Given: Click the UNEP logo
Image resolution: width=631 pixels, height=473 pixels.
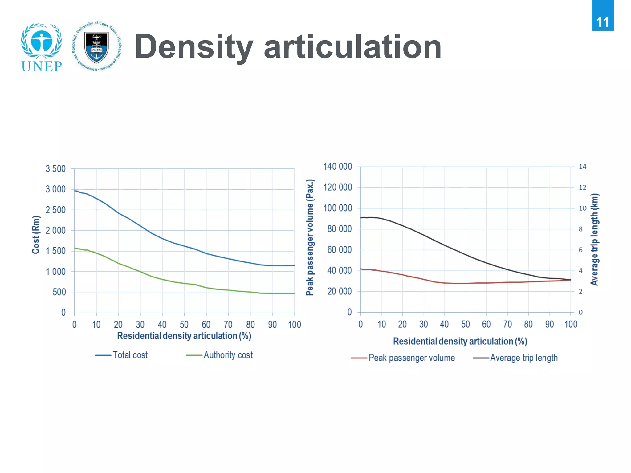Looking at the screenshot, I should pos(42,48).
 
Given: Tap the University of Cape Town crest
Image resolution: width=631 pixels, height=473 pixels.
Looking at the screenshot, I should pos(96,46).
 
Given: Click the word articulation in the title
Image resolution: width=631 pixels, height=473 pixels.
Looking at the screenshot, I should pos(352,47).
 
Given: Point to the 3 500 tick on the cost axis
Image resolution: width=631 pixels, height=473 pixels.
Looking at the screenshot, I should pos(56,169).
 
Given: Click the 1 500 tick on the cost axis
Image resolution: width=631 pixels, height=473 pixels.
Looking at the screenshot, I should pos(56,251).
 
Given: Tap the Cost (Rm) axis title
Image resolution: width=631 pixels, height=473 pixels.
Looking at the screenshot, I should pos(36,235).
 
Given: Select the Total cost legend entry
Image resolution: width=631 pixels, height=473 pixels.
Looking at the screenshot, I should pos(122,355).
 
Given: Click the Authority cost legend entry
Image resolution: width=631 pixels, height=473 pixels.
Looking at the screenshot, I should pos(220,355).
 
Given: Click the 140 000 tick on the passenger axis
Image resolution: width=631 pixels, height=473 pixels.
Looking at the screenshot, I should pos(338,167).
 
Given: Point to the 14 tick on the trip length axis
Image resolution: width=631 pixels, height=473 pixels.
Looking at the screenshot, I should pos(582,167).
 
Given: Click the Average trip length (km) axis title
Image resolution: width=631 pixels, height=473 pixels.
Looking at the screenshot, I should pos(594,239).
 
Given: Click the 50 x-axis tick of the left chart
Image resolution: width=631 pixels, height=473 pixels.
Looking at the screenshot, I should pos(184,325).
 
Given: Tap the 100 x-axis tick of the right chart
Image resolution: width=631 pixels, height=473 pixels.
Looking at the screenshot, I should pos(571,324).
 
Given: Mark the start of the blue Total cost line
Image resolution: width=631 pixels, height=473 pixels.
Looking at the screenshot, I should pos(75,191).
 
